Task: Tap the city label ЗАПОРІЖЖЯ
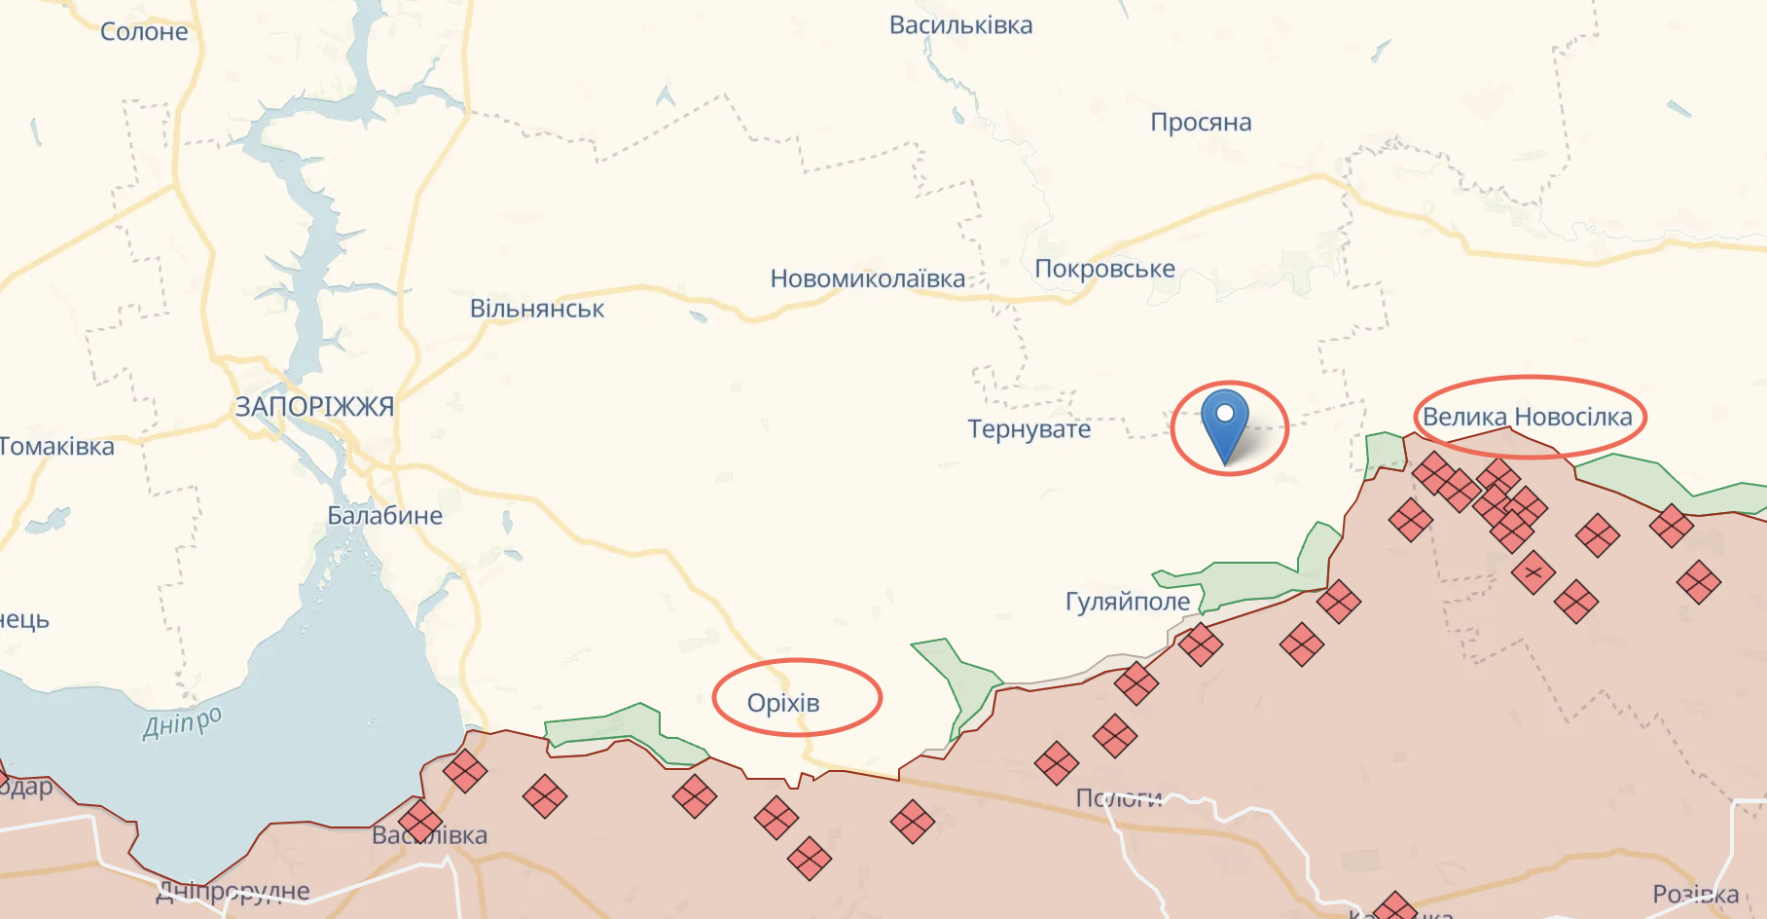point(314,407)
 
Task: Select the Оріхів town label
point(783,703)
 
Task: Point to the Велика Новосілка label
point(1527,417)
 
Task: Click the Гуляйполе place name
point(1128,602)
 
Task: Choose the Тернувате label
point(1028,429)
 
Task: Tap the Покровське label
point(1104,269)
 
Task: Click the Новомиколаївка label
point(867,279)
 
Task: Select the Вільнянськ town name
point(537,310)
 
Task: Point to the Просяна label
point(1201,123)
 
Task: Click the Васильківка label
point(960,25)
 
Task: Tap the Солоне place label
point(144,32)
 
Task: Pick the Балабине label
point(384,516)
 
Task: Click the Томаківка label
point(56,447)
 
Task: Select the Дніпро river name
point(182,722)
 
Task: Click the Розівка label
point(1695,894)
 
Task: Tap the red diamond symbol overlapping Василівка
point(420,821)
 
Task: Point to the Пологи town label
point(1119,798)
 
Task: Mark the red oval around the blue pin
point(1286,428)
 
